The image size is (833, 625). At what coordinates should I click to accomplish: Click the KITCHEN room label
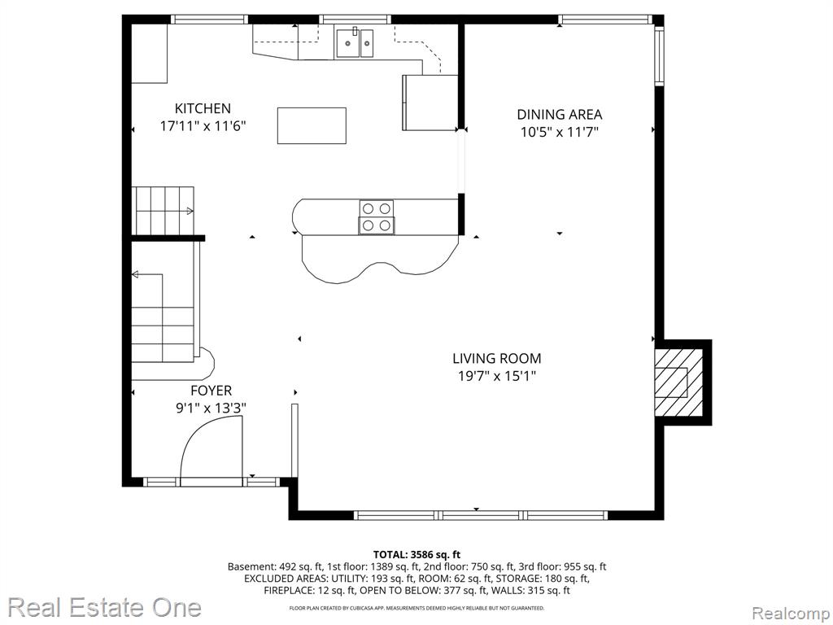(x=203, y=108)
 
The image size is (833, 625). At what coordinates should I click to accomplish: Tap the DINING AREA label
(x=560, y=114)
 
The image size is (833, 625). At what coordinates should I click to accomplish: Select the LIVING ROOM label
(x=497, y=359)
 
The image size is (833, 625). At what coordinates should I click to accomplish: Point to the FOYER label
(x=211, y=391)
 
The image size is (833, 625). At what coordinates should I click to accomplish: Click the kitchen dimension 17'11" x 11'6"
(x=203, y=126)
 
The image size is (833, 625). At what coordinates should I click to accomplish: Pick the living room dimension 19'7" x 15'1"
(x=497, y=376)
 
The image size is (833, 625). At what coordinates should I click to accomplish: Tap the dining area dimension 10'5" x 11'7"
(x=560, y=132)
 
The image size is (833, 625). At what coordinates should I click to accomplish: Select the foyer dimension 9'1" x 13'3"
(x=211, y=409)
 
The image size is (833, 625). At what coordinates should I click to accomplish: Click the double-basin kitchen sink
(x=355, y=42)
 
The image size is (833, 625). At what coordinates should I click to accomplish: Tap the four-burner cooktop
(x=376, y=216)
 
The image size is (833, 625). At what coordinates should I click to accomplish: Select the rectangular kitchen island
(x=312, y=125)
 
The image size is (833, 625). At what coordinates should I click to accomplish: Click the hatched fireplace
(x=678, y=382)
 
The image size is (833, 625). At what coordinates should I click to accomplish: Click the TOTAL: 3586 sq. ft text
(x=416, y=555)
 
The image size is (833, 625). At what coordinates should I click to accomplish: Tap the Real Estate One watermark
(x=105, y=607)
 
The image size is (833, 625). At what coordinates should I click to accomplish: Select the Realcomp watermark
(x=790, y=613)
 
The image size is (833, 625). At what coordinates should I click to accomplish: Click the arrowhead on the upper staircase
(x=190, y=211)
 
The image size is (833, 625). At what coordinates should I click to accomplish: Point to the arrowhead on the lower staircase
(x=135, y=275)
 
